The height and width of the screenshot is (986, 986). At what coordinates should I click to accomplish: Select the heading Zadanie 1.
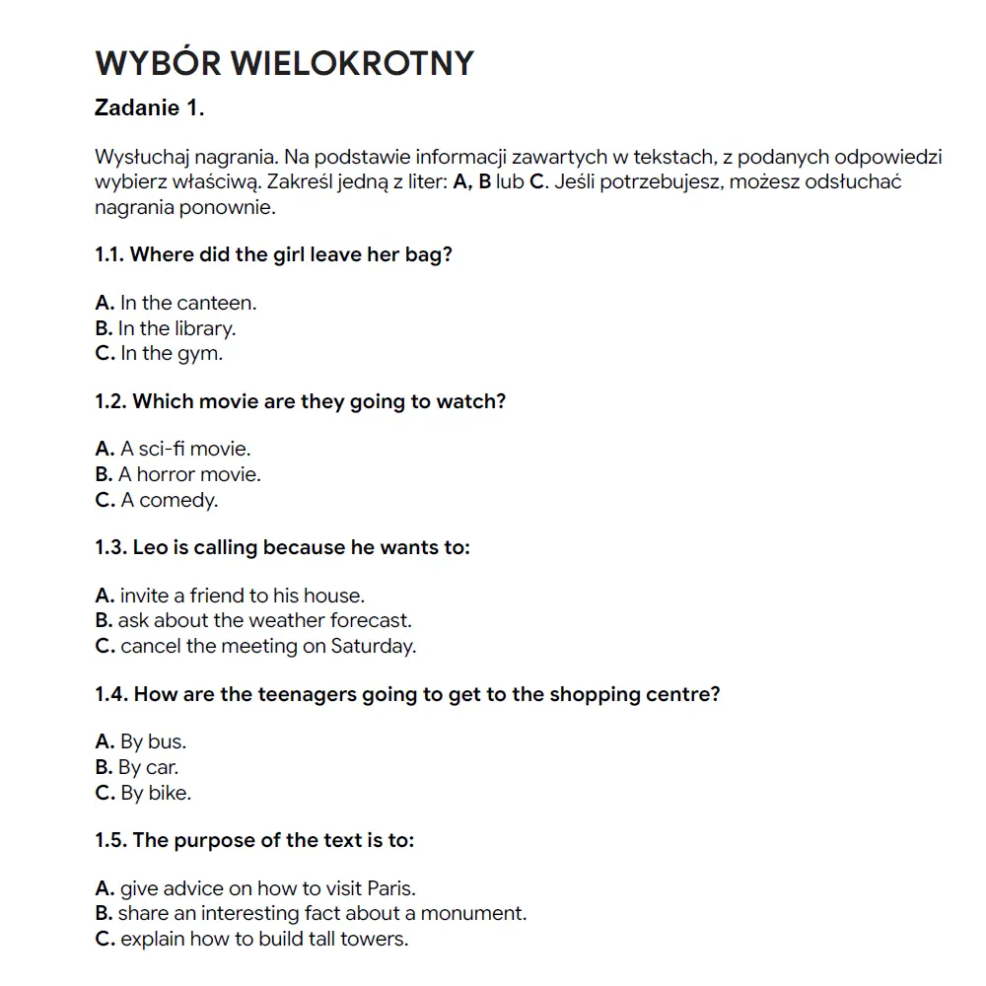click(149, 108)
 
